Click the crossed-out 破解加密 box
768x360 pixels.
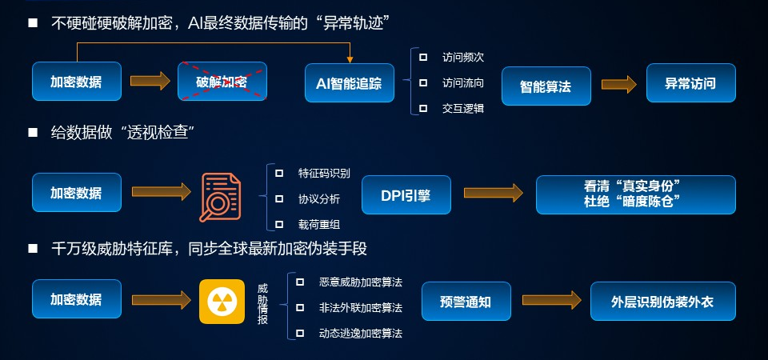click(x=222, y=82)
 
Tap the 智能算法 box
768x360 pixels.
click(x=546, y=85)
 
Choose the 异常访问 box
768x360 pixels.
click(x=690, y=83)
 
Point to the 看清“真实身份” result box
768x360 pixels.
click(x=635, y=194)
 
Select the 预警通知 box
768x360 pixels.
click(x=466, y=302)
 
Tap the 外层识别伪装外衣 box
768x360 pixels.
click(x=662, y=302)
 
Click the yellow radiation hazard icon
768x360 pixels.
click(x=222, y=302)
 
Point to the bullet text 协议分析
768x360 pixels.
click(x=319, y=198)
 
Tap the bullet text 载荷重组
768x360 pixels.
click(x=319, y=225)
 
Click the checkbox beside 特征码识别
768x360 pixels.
click(x=279, y=173)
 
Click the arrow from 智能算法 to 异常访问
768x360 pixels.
click(x=618, y=83)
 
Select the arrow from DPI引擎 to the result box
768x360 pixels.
click(x=493, y=194)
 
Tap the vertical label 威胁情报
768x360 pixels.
click(x=262, y=302)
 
